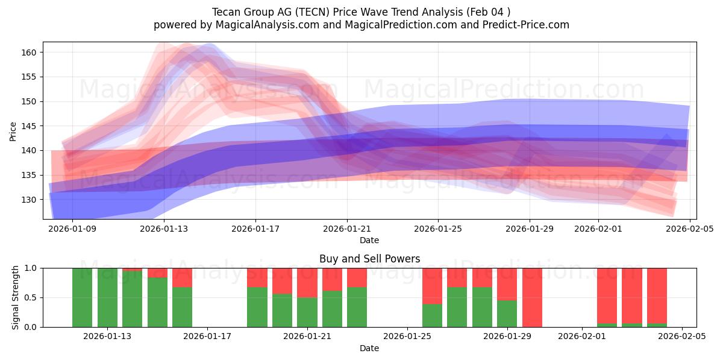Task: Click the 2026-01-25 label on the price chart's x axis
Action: click(x=437, y=229)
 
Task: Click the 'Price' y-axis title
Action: click(x=13, y=130)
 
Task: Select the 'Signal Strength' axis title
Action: click(x=16, y=297)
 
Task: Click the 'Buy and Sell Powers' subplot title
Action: click(x=369, y=259)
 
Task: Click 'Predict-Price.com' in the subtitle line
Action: click(x=522, y=25)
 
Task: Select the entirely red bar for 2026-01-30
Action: click(x=533, y=297)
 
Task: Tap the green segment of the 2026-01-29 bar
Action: click(x=507, y=314)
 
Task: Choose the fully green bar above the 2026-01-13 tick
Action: click(x=107, y=297)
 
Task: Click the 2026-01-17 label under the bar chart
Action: click(x=207, y=336)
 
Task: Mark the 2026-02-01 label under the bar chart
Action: click(x=582, y=336)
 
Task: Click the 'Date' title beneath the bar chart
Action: click(x=369, y=348)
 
